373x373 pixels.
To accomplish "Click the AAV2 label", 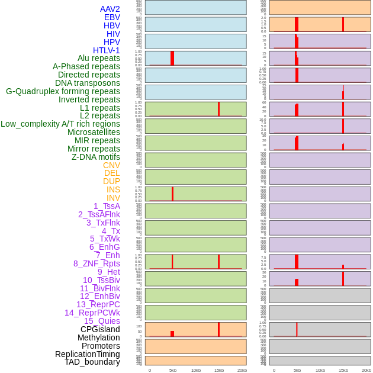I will (110, 9).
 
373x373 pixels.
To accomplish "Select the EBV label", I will (112, 17).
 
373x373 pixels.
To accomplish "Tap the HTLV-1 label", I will (107, 50).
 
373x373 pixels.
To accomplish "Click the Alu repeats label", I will (99, 59).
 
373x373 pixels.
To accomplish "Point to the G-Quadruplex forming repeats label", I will (63, 91).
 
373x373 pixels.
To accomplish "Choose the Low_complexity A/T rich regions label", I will (60, 124).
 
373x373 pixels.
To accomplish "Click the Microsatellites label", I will (94, 132).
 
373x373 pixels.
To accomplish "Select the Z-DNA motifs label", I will (96, 157).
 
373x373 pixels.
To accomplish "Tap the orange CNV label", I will (111, 165).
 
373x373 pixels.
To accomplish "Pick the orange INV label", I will (113, 198).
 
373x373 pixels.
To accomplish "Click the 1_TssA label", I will (107, 206).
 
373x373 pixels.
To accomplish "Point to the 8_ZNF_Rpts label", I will (97, 263).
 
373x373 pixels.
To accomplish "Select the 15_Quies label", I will (102, 321).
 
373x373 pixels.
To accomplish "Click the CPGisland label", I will (100, 329).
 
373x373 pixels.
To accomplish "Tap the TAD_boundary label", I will (92, 362).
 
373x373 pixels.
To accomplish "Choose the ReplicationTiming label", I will (87, 354).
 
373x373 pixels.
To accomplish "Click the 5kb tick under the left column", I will (173, 370).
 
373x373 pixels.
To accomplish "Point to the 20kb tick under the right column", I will (366, 370).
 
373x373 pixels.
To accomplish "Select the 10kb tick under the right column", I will (320, 370).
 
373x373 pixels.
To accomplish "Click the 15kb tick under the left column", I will (218, 370).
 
